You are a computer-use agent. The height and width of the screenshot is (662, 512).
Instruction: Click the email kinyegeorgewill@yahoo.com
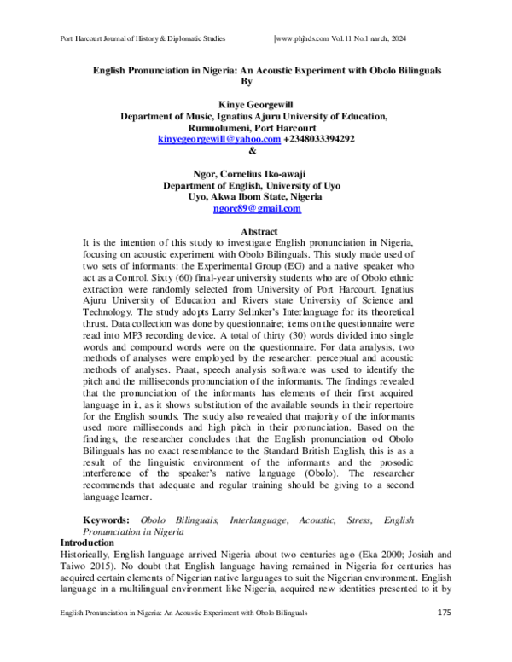219,139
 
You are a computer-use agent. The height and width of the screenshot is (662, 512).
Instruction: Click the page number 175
445,613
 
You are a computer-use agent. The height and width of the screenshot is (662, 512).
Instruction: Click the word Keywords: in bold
106,520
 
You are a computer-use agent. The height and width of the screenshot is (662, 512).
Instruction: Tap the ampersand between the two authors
251,151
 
